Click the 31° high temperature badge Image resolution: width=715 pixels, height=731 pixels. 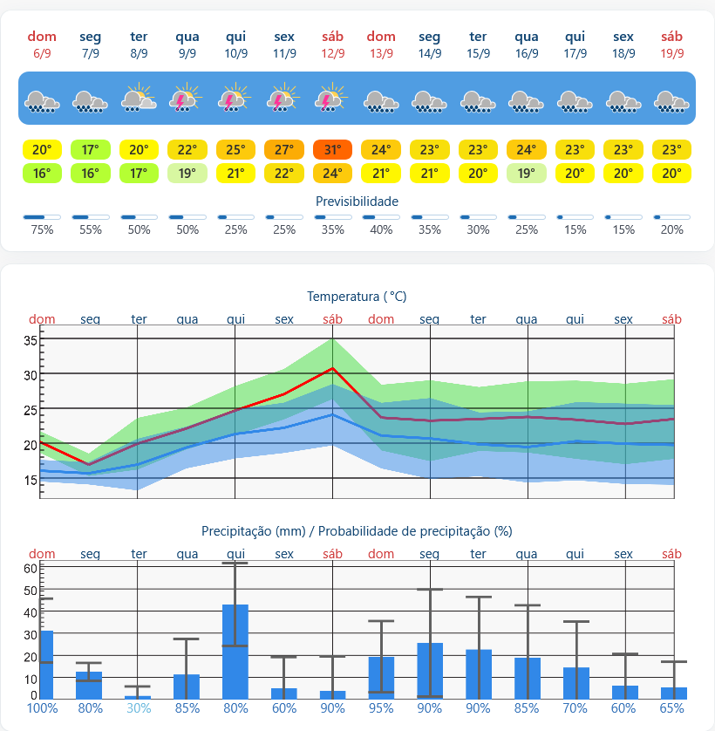pos(332,150)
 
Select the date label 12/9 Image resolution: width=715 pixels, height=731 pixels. pos(333,53)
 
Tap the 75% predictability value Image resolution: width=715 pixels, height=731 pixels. pos(42,229)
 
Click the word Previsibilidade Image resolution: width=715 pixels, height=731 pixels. pos(357,202)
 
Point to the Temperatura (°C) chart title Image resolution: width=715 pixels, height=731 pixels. pos(357,297)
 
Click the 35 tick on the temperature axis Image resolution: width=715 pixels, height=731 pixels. pos(31,340)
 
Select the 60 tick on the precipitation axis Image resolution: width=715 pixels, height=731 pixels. pos(31,568)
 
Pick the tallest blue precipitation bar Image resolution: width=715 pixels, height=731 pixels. pos(235,652)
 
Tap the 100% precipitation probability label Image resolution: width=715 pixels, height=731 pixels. pos(42,708)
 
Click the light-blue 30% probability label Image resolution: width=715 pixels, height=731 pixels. pos(139,708)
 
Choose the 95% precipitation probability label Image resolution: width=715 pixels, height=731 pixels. pos(381,708)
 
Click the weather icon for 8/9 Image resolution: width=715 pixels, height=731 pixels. pos(139,98)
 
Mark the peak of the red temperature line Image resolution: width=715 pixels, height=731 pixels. pos(332,368)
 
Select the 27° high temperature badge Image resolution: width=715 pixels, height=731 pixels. pos(284,150)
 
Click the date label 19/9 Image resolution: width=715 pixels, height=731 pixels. pos(672,53)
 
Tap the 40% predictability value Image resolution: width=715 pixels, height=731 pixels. pos(381,229)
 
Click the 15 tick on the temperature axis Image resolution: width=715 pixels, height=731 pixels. pos(31,480)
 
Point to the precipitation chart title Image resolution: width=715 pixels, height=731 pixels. pos(357,531)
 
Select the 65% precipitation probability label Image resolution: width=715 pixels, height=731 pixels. pos(672,708)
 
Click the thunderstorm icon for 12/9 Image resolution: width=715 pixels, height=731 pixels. pos(331,98)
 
